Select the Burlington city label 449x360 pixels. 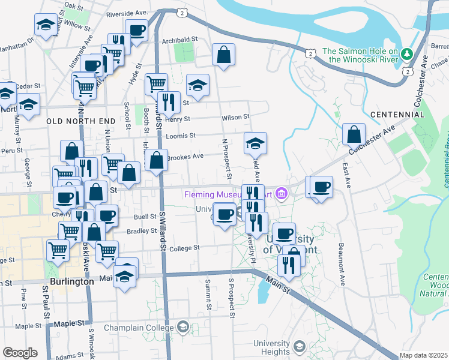[x=71, y=281]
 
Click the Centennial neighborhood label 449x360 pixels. [x=397, y=114]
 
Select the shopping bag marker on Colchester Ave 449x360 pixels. [x=354, y=134]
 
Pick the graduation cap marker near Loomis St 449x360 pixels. [x=255, y=143]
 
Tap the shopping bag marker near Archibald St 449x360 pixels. [x=223, y=55]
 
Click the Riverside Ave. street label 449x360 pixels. [x=127, y=13]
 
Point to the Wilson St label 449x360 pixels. [x=235, y=118]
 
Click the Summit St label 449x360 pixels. [x=208, y=297]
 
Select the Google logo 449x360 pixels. [x=20, y=353]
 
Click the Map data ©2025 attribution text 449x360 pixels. [x=423, y=355]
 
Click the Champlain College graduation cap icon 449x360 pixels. [x=182, y=328]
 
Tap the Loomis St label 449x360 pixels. [x=184, y=136]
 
